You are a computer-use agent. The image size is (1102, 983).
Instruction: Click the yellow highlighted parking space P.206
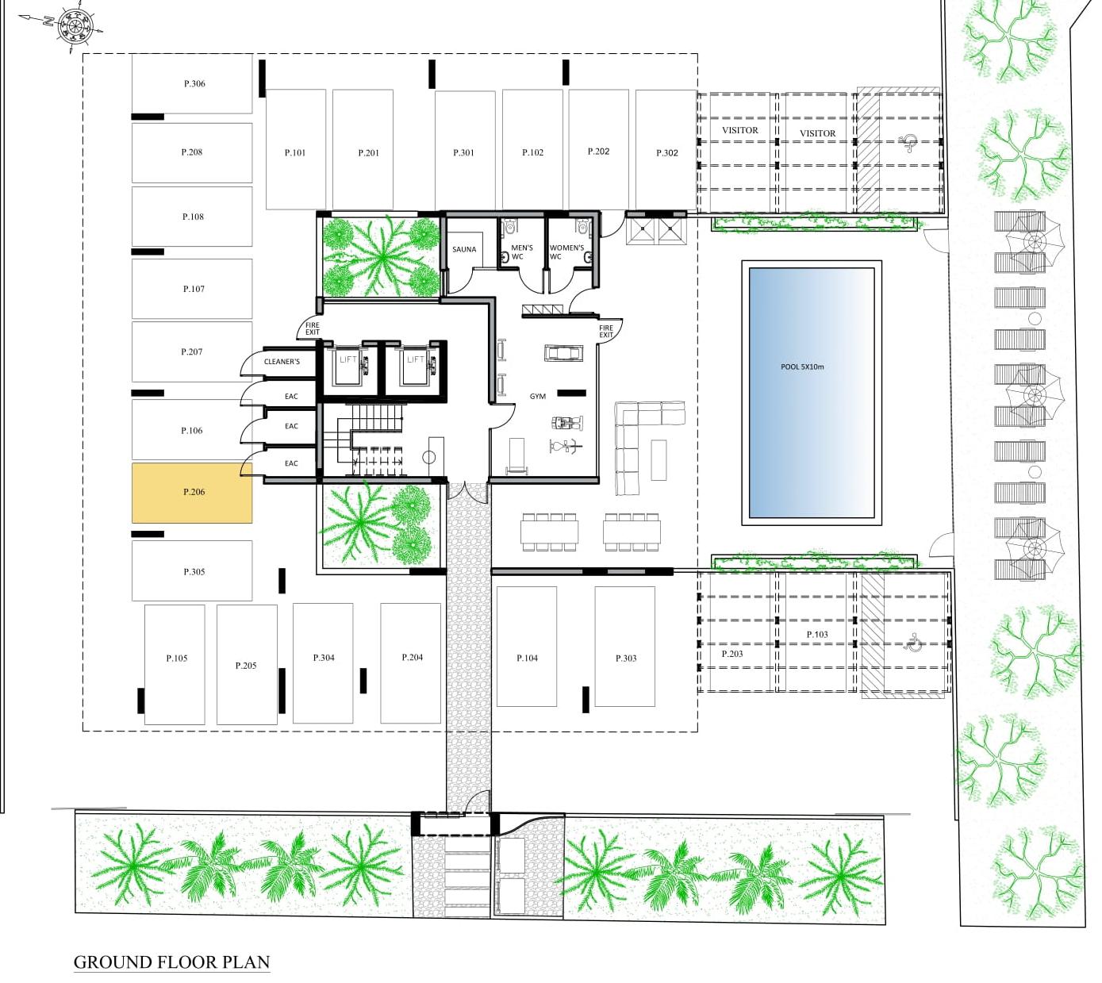192,493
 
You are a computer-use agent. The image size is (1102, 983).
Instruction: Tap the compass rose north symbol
75,27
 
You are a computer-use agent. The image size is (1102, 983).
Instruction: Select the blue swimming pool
811,393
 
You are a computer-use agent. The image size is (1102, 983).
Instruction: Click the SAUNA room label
464,250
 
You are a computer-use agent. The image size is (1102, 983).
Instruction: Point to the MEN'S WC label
521,252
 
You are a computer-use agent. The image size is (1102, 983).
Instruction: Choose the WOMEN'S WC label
566,252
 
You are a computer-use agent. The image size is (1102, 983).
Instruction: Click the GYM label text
538,397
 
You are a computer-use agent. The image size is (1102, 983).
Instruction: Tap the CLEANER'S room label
282,362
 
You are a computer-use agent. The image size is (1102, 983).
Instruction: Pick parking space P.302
666,152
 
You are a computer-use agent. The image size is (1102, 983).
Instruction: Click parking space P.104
527,657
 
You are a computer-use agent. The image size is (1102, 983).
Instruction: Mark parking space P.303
625,657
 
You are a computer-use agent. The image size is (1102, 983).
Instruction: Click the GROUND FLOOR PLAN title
171,962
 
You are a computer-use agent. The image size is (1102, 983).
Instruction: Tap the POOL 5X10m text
802,367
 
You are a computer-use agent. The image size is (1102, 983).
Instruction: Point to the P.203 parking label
732,655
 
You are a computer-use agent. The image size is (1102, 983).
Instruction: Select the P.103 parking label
817,635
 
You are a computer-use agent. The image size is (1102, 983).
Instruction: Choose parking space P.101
295,152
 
